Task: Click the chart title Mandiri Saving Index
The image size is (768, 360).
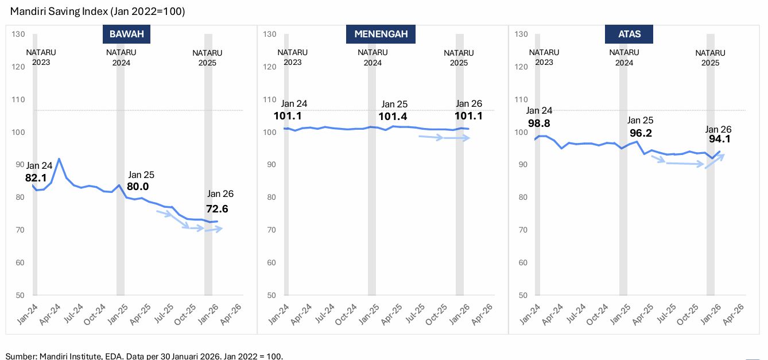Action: tap(98, 11)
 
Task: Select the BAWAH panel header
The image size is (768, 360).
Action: tap(126, 34)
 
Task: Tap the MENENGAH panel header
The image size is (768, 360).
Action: tap(381, 34)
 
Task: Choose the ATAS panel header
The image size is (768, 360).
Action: tap(629, 34)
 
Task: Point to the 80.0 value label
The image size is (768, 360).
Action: tap(138, 187)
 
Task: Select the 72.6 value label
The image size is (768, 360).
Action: tap(217, 209)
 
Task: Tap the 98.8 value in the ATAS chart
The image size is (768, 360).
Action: tap(539, 123)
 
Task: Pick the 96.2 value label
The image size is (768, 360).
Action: tap(641, 133)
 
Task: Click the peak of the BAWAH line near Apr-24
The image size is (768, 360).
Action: tap(59, 159)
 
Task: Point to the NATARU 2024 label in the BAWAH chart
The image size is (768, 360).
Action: tap(121, 57)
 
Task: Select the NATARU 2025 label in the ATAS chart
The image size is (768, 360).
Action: tap(710, 57)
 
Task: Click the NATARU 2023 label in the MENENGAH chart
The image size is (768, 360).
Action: tap(292, 57)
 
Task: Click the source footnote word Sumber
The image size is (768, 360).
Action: tap(20, 356)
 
